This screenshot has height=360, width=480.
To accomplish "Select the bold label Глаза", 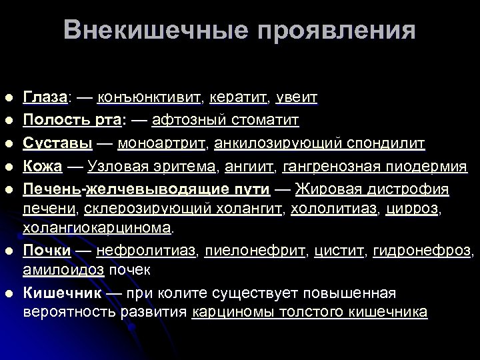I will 45,97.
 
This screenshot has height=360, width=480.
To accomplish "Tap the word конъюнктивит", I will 149,97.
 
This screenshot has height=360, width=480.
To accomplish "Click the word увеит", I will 296,97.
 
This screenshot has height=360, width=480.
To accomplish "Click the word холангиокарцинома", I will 97,227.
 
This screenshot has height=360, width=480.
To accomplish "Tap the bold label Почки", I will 47,251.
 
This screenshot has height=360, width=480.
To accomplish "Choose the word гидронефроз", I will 423,251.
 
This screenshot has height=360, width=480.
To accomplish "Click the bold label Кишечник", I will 63,293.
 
